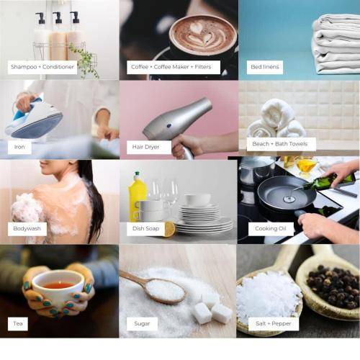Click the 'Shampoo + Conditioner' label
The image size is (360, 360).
(x=42, y=67)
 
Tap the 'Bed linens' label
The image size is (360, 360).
(x=265, y=67)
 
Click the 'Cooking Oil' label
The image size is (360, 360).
(x=271, y=229)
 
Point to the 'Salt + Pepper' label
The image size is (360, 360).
(x=274, y=324)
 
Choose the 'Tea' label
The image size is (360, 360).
(x=18, y=324)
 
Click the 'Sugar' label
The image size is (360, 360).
(x=142, y=324)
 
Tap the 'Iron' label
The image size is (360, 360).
(x=19, y=147)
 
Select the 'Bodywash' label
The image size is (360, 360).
(x=27, y=229)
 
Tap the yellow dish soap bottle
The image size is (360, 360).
(x=137, y=197)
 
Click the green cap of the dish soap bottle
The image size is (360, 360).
(x=138, y=174)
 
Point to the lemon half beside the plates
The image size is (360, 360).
(x=170, y=230)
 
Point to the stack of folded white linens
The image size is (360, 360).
(x=336, y=45)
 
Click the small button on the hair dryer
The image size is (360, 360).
(x=169, y=125)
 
